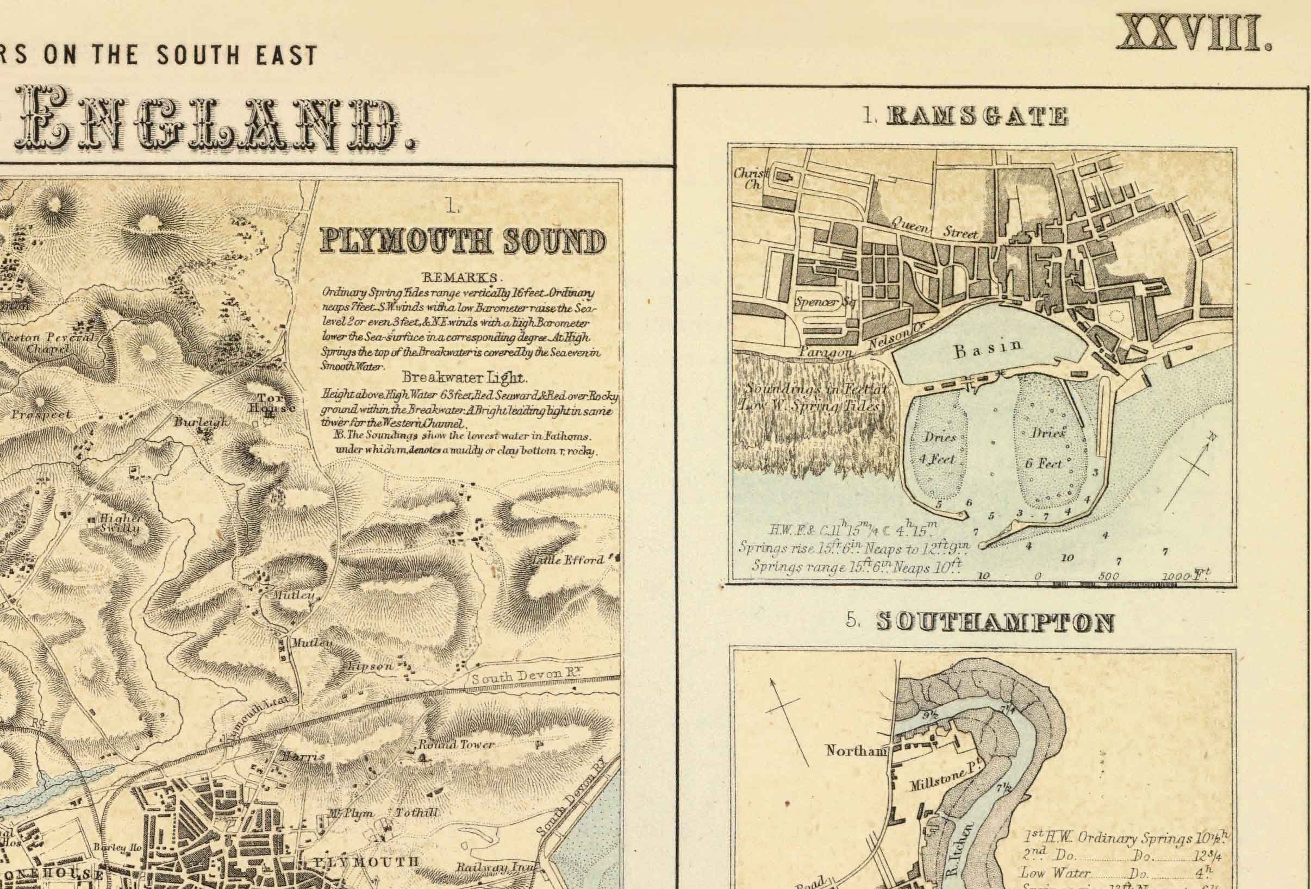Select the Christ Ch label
[x=748, y=179]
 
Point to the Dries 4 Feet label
[x=939, y=448]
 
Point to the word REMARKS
[x=461, y=278]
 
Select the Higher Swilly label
[x=120, y=523]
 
